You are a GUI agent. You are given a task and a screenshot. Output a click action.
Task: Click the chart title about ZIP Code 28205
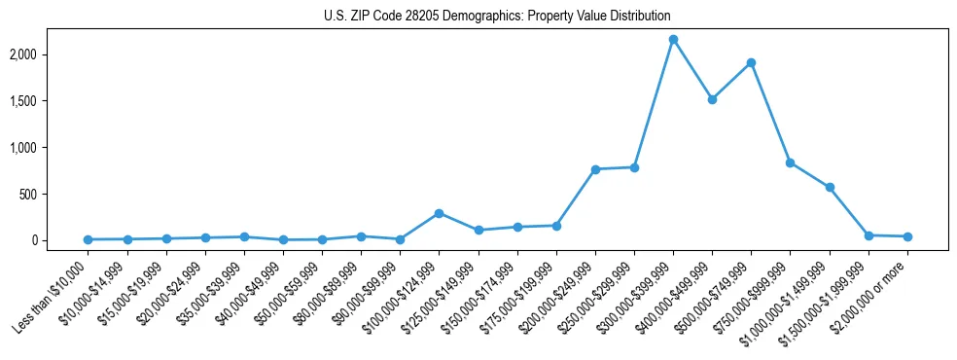(x=497, y=16)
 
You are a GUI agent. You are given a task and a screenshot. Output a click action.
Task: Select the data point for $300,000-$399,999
(x=673, y=39)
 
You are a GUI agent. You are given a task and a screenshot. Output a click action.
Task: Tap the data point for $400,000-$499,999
(x=712, y=99)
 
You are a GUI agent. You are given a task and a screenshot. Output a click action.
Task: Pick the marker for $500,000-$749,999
(x=751, y=63)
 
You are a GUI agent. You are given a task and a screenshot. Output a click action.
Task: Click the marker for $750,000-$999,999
(x=790, y=162)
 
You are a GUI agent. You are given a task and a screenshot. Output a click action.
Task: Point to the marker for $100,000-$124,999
(x=439, y=213)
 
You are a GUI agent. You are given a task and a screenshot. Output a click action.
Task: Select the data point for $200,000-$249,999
(x=595, y=169)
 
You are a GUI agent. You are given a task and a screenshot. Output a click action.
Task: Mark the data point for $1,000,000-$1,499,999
(x=830, y=187)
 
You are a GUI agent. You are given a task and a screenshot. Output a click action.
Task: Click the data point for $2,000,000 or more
(x=907, y=236)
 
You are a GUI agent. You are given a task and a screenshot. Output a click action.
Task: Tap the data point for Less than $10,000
(x=88, y=239)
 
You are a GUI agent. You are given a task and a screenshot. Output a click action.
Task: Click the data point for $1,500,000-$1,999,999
(x=868, y=235)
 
